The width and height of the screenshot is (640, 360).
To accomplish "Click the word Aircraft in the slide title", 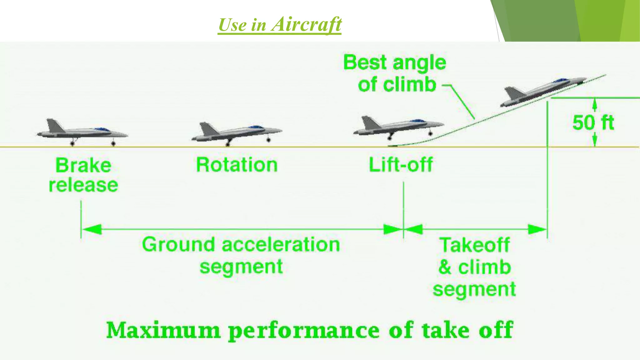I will pyautogui.click(x=306, y=24).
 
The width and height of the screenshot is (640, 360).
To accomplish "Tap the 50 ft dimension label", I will pyautogui.click(x=593, y=122).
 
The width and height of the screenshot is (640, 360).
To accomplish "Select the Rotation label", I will pyautogui.click(x=237, y=165).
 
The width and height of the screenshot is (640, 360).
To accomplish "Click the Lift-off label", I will pyautogui.click(x=401, y=165).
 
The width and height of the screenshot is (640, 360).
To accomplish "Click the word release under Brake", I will pyautogui.click(x=83, y=185).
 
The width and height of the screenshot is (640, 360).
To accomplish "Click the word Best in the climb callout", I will pyautogui.click(x=365, y=62).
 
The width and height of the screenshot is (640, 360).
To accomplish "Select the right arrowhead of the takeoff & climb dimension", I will pyautogui.click(x=537, y=229).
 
